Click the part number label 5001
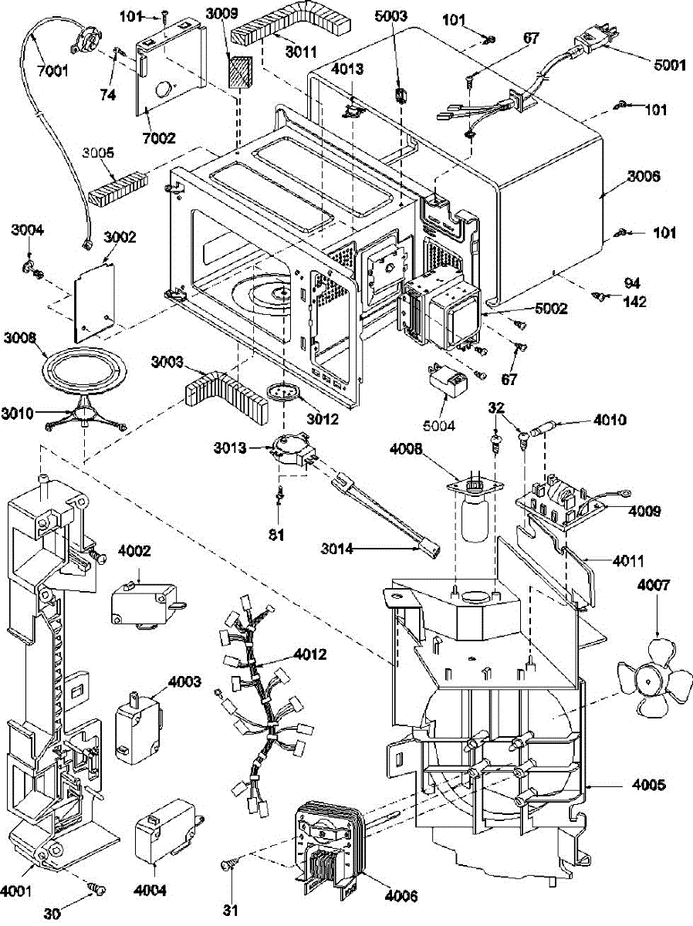point(669,65)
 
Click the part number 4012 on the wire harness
point(310,654)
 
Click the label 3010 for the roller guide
point(17,414)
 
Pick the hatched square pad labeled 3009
point(241,71)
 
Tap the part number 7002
point(159,138)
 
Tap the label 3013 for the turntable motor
point(230,448)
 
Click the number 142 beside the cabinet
point(635,302)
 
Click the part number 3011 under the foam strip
point(301,52)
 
